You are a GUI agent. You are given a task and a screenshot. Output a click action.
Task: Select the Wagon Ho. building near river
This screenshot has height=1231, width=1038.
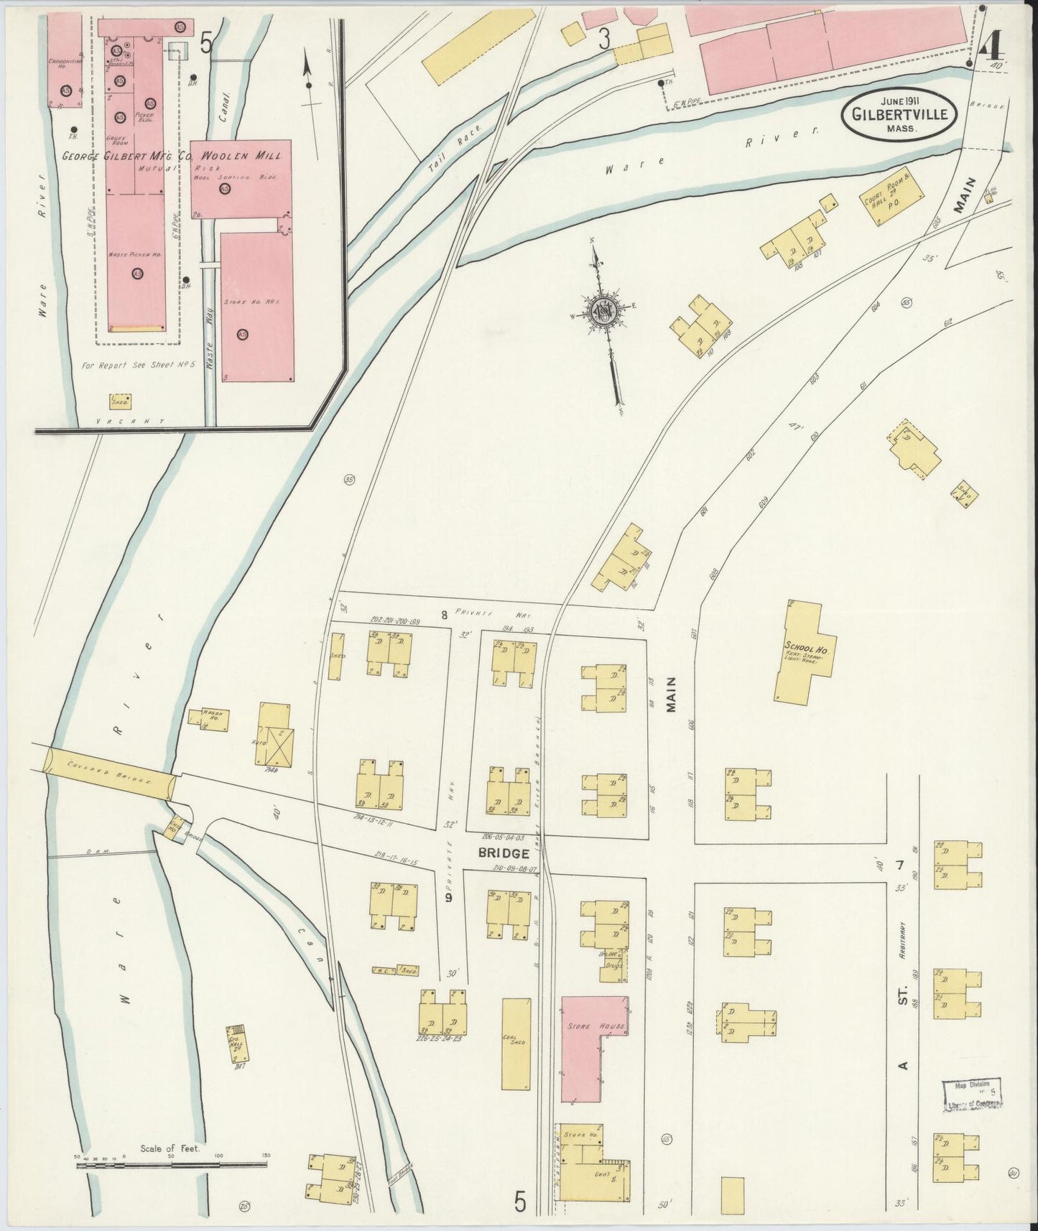point(208,719)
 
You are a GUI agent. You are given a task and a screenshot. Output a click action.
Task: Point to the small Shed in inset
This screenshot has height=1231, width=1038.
point(120,401)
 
